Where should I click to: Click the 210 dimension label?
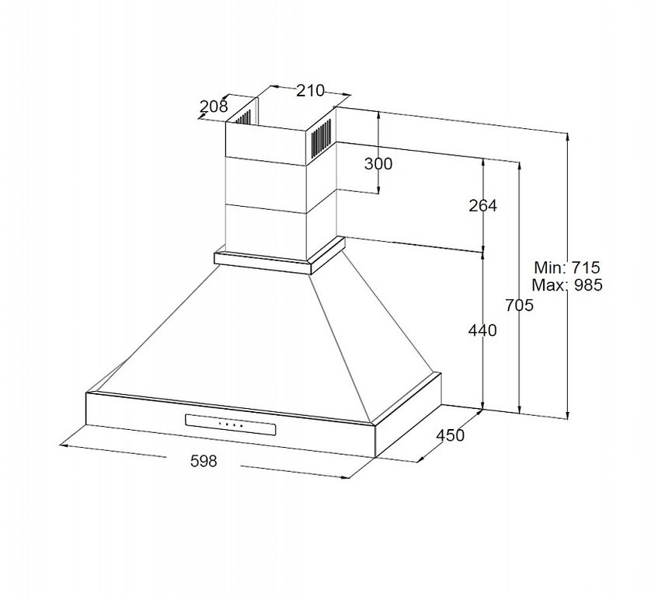click(311, 90)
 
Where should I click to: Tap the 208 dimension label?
click(214, 106)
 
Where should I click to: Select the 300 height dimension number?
click(378, 163)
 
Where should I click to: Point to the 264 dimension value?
click(482, 205)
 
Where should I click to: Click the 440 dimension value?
click(482, 330)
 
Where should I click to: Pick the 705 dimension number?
click(519, 305)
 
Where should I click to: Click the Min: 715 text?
click(567, 267)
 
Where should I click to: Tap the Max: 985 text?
click(567, 285)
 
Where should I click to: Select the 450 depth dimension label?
click(451, 435)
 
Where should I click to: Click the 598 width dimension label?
click(204, 461)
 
